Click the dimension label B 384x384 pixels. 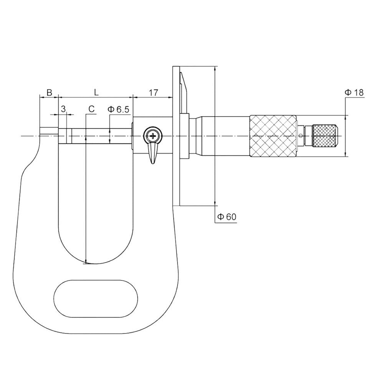click(x=49, y=93)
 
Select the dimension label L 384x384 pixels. click(x=96, y=92)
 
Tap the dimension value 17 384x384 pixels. click(x=154, y=93)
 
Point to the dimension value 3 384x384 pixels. click(x=63, y=109)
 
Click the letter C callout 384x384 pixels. click(x=91, y=109)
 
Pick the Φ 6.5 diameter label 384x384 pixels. click(x=119, y=109)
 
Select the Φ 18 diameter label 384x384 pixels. click(x=354, y=92)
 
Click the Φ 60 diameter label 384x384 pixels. click(x=227, y=217)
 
